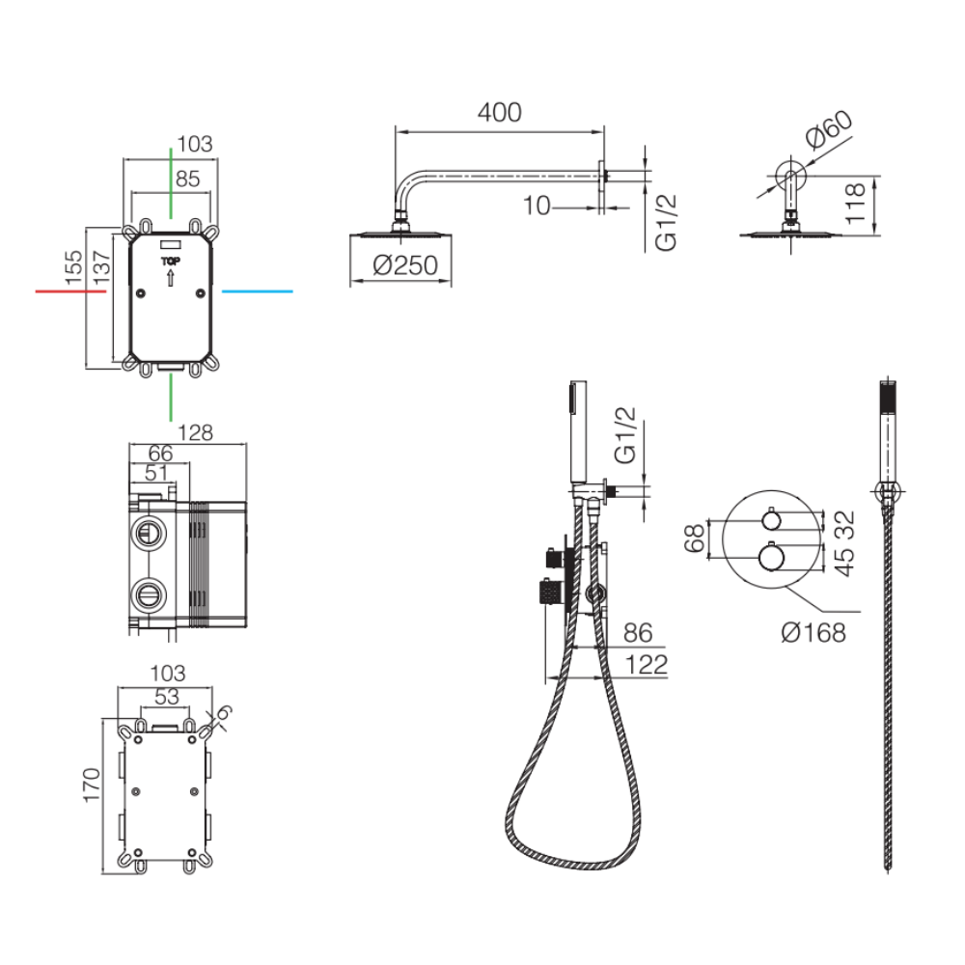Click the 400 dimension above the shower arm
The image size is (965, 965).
tap(499, 112)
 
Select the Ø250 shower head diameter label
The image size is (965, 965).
tap(405, 265)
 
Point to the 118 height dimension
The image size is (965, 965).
tap(855, 203)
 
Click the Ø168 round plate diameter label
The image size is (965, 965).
tap(813, 632)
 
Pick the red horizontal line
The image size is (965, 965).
tap(70, 291)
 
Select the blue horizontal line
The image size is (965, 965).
tap(258, 291)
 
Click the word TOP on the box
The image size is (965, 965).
tap(171, 261)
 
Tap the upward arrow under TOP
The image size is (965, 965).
tap(171, 276)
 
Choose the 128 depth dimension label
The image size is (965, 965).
tap(195, 432)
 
